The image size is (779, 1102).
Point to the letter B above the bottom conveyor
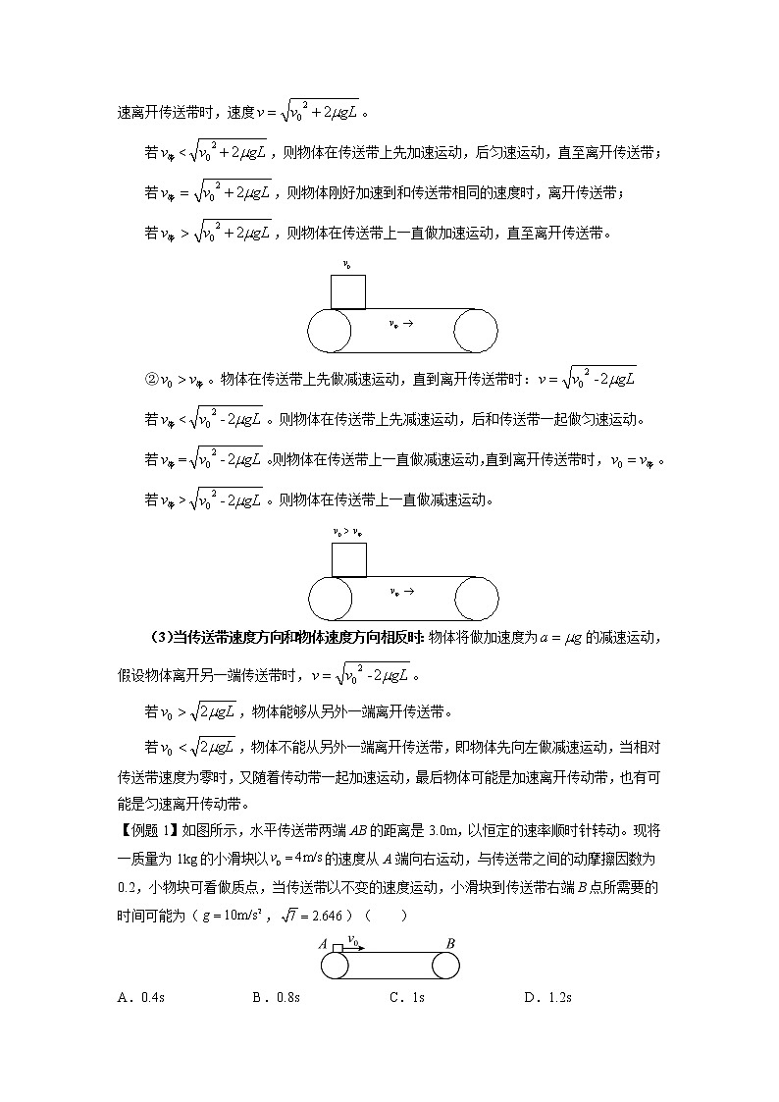point(450,944)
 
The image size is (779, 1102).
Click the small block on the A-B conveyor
point(338,948)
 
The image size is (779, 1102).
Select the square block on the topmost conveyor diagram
point(348,292)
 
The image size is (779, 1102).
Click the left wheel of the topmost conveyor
point(331,331)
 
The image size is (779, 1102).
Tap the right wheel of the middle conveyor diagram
point(476,598)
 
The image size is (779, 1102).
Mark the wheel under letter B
point(446,966)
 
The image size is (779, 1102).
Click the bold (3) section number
point(162,638)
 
